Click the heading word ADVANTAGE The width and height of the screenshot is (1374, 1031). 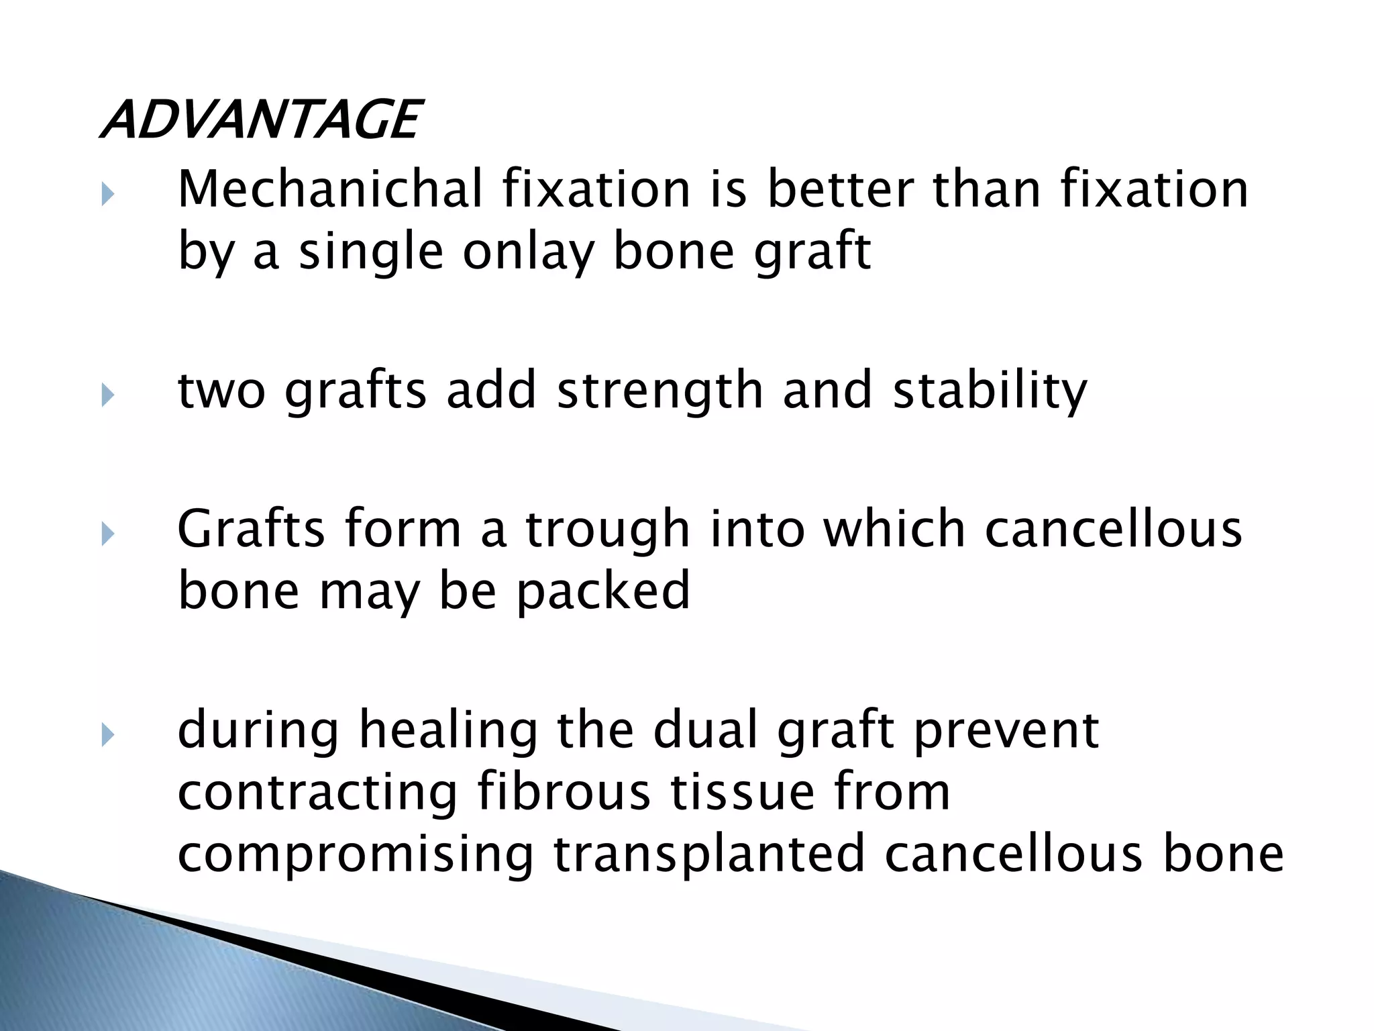(260, 120)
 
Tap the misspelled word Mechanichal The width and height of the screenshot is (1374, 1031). (329, 189)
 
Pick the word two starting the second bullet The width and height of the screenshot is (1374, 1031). (221, 391)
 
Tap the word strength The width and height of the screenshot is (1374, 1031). (660, 391)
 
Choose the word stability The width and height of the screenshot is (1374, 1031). (990, 391)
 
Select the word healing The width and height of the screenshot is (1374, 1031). (448, 730)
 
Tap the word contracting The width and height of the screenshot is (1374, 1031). (317, 792)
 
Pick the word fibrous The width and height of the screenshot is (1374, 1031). (564, 792)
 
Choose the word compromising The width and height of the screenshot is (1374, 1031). (356, 854)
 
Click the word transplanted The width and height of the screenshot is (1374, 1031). (709, 854)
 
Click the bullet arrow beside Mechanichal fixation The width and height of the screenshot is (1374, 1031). (107, 195)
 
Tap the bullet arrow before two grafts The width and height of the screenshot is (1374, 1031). (107, 395)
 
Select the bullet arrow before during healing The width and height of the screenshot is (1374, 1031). (107, 736)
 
